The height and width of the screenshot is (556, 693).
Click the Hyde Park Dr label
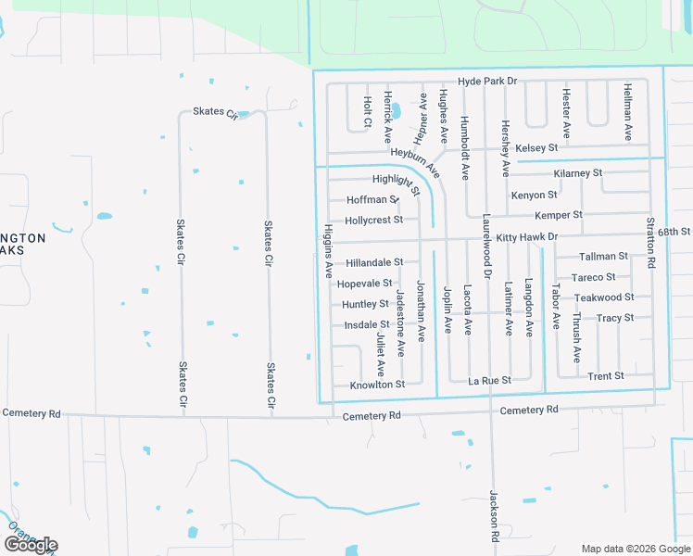(487, 82)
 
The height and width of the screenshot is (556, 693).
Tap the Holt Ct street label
(368, 111)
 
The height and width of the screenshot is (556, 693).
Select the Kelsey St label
(536, 148)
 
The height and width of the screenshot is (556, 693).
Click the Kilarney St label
(577, 173)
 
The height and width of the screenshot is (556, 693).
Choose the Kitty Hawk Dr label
(526, 237)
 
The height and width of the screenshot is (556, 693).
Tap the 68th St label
(674, 231)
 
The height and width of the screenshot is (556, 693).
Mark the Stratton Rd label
(651, 244)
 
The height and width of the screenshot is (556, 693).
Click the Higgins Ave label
(328, 251)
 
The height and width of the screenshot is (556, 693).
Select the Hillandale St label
(374, 263)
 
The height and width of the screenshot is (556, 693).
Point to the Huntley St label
(365, 304)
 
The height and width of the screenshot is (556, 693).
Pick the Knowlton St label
(377, 385)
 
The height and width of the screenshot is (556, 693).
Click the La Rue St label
(489, 381)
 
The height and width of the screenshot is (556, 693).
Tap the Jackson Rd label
(495, 516)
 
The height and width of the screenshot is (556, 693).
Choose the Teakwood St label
(604, 297)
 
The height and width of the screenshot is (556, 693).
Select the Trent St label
(606, 376)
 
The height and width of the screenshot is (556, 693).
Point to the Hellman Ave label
(628, 112)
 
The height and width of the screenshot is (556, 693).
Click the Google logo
(31, 545)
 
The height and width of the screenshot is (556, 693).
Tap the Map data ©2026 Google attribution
(635, 549)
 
